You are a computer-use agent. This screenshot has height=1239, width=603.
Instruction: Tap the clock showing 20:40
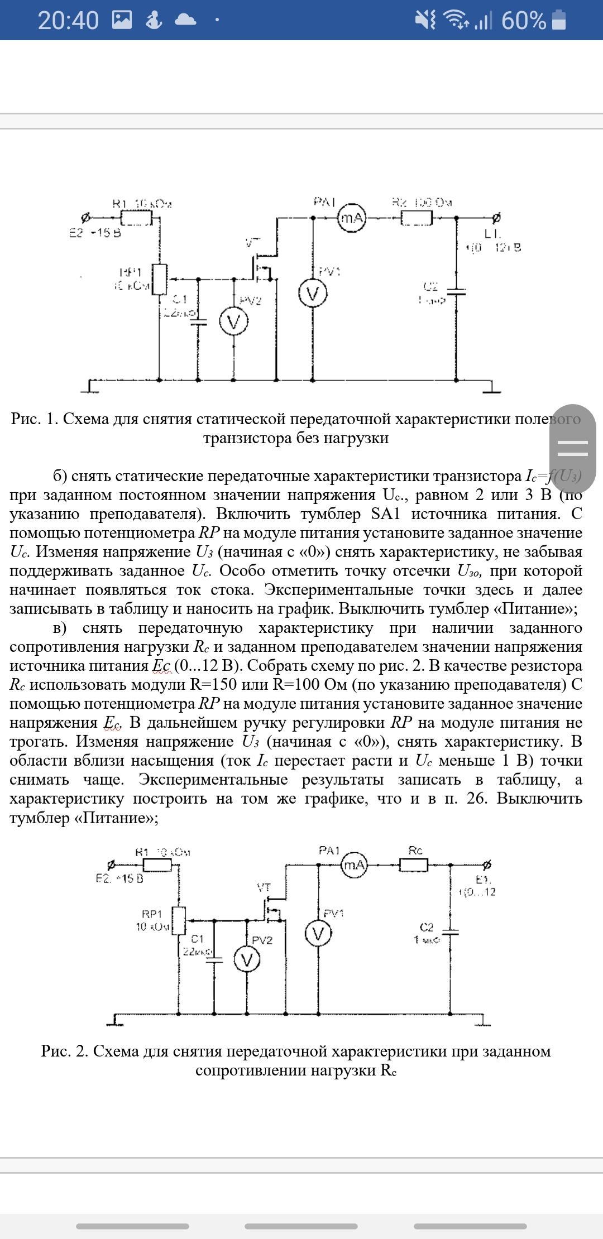[68, 21]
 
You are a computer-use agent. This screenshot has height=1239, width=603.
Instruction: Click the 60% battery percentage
[523, 21]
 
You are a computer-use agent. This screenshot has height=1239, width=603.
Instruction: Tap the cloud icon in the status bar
[185, 21]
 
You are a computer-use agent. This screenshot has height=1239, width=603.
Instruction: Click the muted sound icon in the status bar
[425, 21]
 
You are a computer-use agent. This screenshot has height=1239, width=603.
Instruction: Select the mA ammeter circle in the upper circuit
[352, 218]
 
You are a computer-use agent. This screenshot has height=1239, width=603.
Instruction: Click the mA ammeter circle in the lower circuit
[355, 865]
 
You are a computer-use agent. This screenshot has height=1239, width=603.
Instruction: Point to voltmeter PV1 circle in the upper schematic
[313, 294]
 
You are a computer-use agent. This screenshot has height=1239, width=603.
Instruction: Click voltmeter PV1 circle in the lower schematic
[318, 934]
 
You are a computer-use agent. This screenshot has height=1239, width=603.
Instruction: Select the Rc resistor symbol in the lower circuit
[414, 865]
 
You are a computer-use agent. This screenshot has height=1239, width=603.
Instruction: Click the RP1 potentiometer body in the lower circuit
[178, 920]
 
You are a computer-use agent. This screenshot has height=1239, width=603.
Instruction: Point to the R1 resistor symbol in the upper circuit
[136, 218]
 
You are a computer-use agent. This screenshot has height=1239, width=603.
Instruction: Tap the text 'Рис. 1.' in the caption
[35, 419]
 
